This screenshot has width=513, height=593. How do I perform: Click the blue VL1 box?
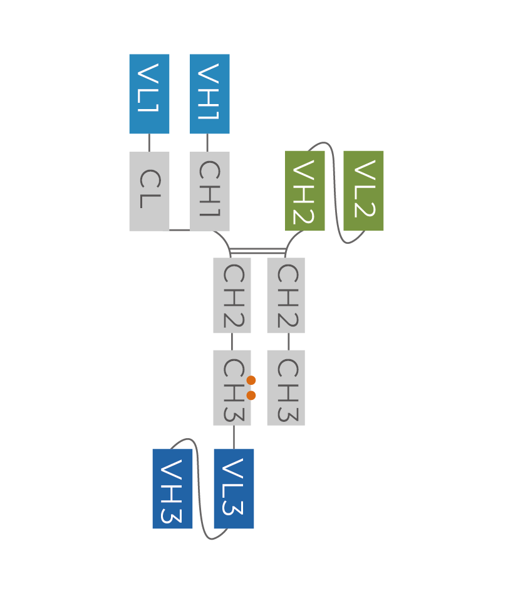coord(149,94)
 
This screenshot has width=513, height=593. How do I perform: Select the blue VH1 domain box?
coord(210,94)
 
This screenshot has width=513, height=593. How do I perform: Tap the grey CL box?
coord(149,191)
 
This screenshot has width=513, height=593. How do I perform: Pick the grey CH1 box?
coord(210,191)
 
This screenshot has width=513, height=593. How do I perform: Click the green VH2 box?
coord(305,191)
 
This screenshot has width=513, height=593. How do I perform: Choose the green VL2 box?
coord(363,191)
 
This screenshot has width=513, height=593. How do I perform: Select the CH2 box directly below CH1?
coord(232,295)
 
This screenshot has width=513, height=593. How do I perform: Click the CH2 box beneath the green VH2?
coord(286,295)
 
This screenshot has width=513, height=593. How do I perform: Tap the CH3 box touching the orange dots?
coord(232,388)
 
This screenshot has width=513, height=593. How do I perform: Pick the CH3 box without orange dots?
coord(286,388)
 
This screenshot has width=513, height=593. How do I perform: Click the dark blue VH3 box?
coord(172,489)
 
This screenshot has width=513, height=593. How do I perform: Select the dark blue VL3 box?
coord(234,489)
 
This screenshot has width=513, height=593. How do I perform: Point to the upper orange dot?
coord(251,380)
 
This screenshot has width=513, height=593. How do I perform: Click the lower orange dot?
coord(251,396)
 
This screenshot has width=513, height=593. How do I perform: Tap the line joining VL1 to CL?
coord(149,143)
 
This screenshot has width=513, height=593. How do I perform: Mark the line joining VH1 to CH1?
coord(207,143)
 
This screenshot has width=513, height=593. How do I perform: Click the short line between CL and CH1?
coord(180,230)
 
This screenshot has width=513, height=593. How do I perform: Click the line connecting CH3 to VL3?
coord(234,438)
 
